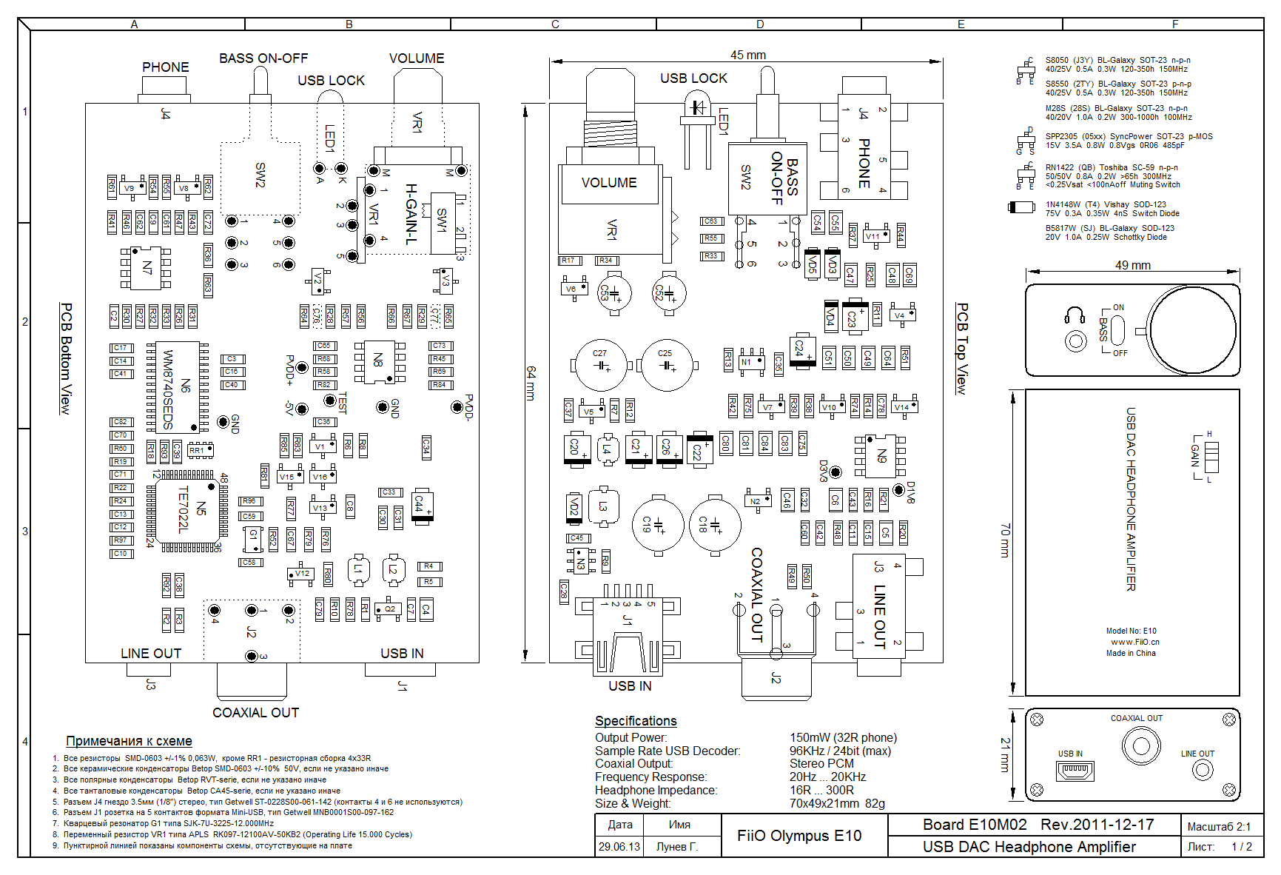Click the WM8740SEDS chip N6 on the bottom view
pos(178,386)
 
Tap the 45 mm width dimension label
pos(747,56)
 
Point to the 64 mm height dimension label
pos(531,383)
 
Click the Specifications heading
pos(636,721)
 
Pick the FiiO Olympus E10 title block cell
pos(799,836)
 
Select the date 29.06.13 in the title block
pos(619,847)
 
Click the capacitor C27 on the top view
pos(600,365)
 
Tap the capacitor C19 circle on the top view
pos(657,525)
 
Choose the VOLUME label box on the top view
pos(609,183)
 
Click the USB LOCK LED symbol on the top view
pos(696,107)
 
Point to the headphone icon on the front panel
pos(1075,316)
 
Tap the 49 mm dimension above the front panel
pos(1132,266)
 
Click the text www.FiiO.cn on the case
pos(1135,643)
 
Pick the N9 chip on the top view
pos(881,456)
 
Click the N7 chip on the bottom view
pos(146,268)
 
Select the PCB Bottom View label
pos(66,358)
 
